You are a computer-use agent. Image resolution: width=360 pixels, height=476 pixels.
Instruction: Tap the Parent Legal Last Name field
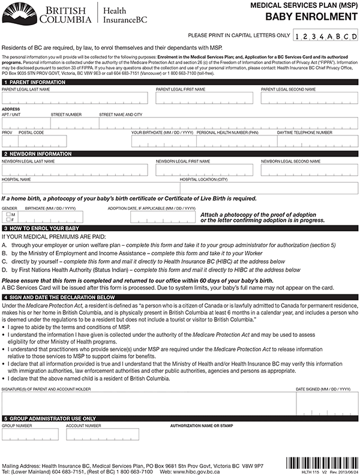[x=75, y=98]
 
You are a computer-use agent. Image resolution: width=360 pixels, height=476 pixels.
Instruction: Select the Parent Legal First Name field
[x=205, y=98]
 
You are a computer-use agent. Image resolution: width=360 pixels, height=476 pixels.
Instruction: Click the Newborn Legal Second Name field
[x=309, y=170]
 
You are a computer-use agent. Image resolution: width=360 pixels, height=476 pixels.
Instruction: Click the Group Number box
[x=30, y=434]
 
